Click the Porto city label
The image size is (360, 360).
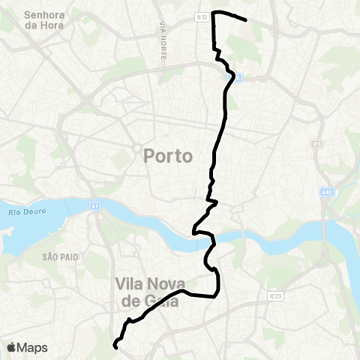[167, 156]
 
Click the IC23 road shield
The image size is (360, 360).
[274, 296]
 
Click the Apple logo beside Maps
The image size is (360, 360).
[12, 347]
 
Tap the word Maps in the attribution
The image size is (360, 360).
[33, 347]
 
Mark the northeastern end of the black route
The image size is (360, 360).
[246, 19]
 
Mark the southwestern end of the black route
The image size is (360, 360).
[115, 346]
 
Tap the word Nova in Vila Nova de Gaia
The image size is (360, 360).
[165, 283]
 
